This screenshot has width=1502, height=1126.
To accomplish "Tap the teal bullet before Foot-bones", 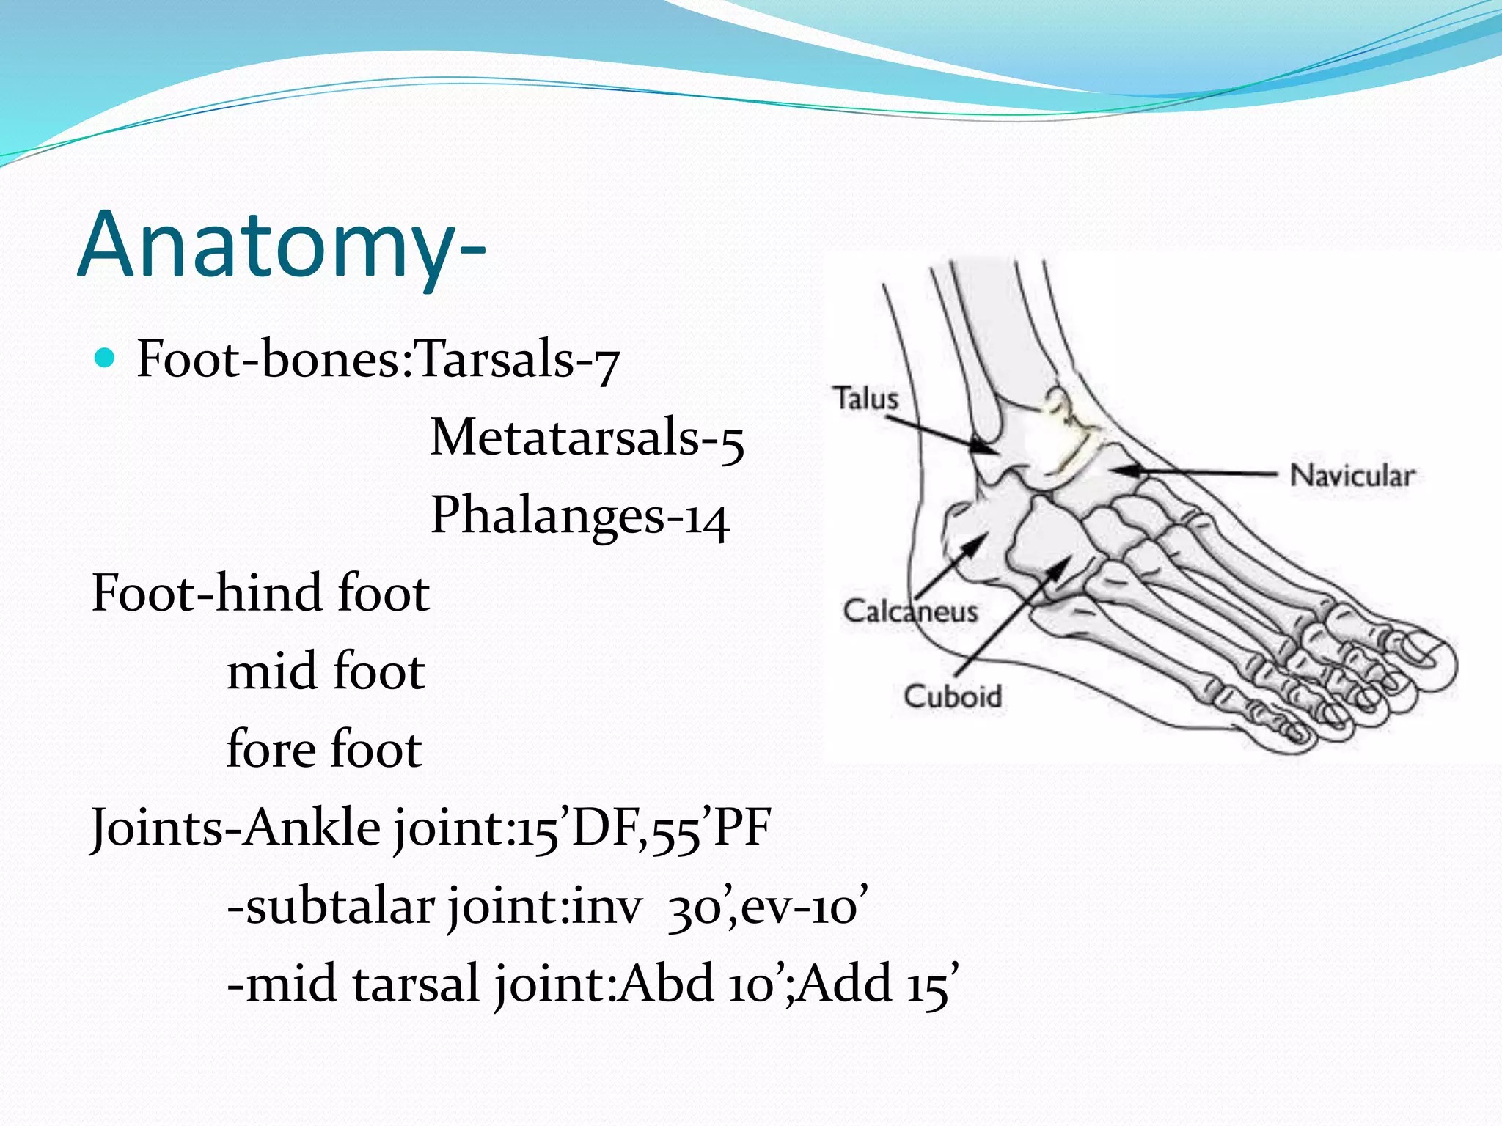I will [106, 358].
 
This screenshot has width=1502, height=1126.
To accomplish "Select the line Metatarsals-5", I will [587, 438].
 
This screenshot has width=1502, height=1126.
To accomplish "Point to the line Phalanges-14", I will [579, 515].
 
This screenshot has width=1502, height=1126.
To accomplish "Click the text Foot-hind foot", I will [260, 594].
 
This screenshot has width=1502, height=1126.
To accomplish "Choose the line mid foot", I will [326, 671].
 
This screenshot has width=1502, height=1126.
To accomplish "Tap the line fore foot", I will [324, 750].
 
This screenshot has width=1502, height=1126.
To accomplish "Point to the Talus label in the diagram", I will [865, 399].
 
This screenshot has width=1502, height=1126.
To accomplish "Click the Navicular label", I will [1352, 475].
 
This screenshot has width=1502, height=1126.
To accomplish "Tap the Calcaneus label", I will [910, 611].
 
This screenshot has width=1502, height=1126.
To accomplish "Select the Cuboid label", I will [952, 696].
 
